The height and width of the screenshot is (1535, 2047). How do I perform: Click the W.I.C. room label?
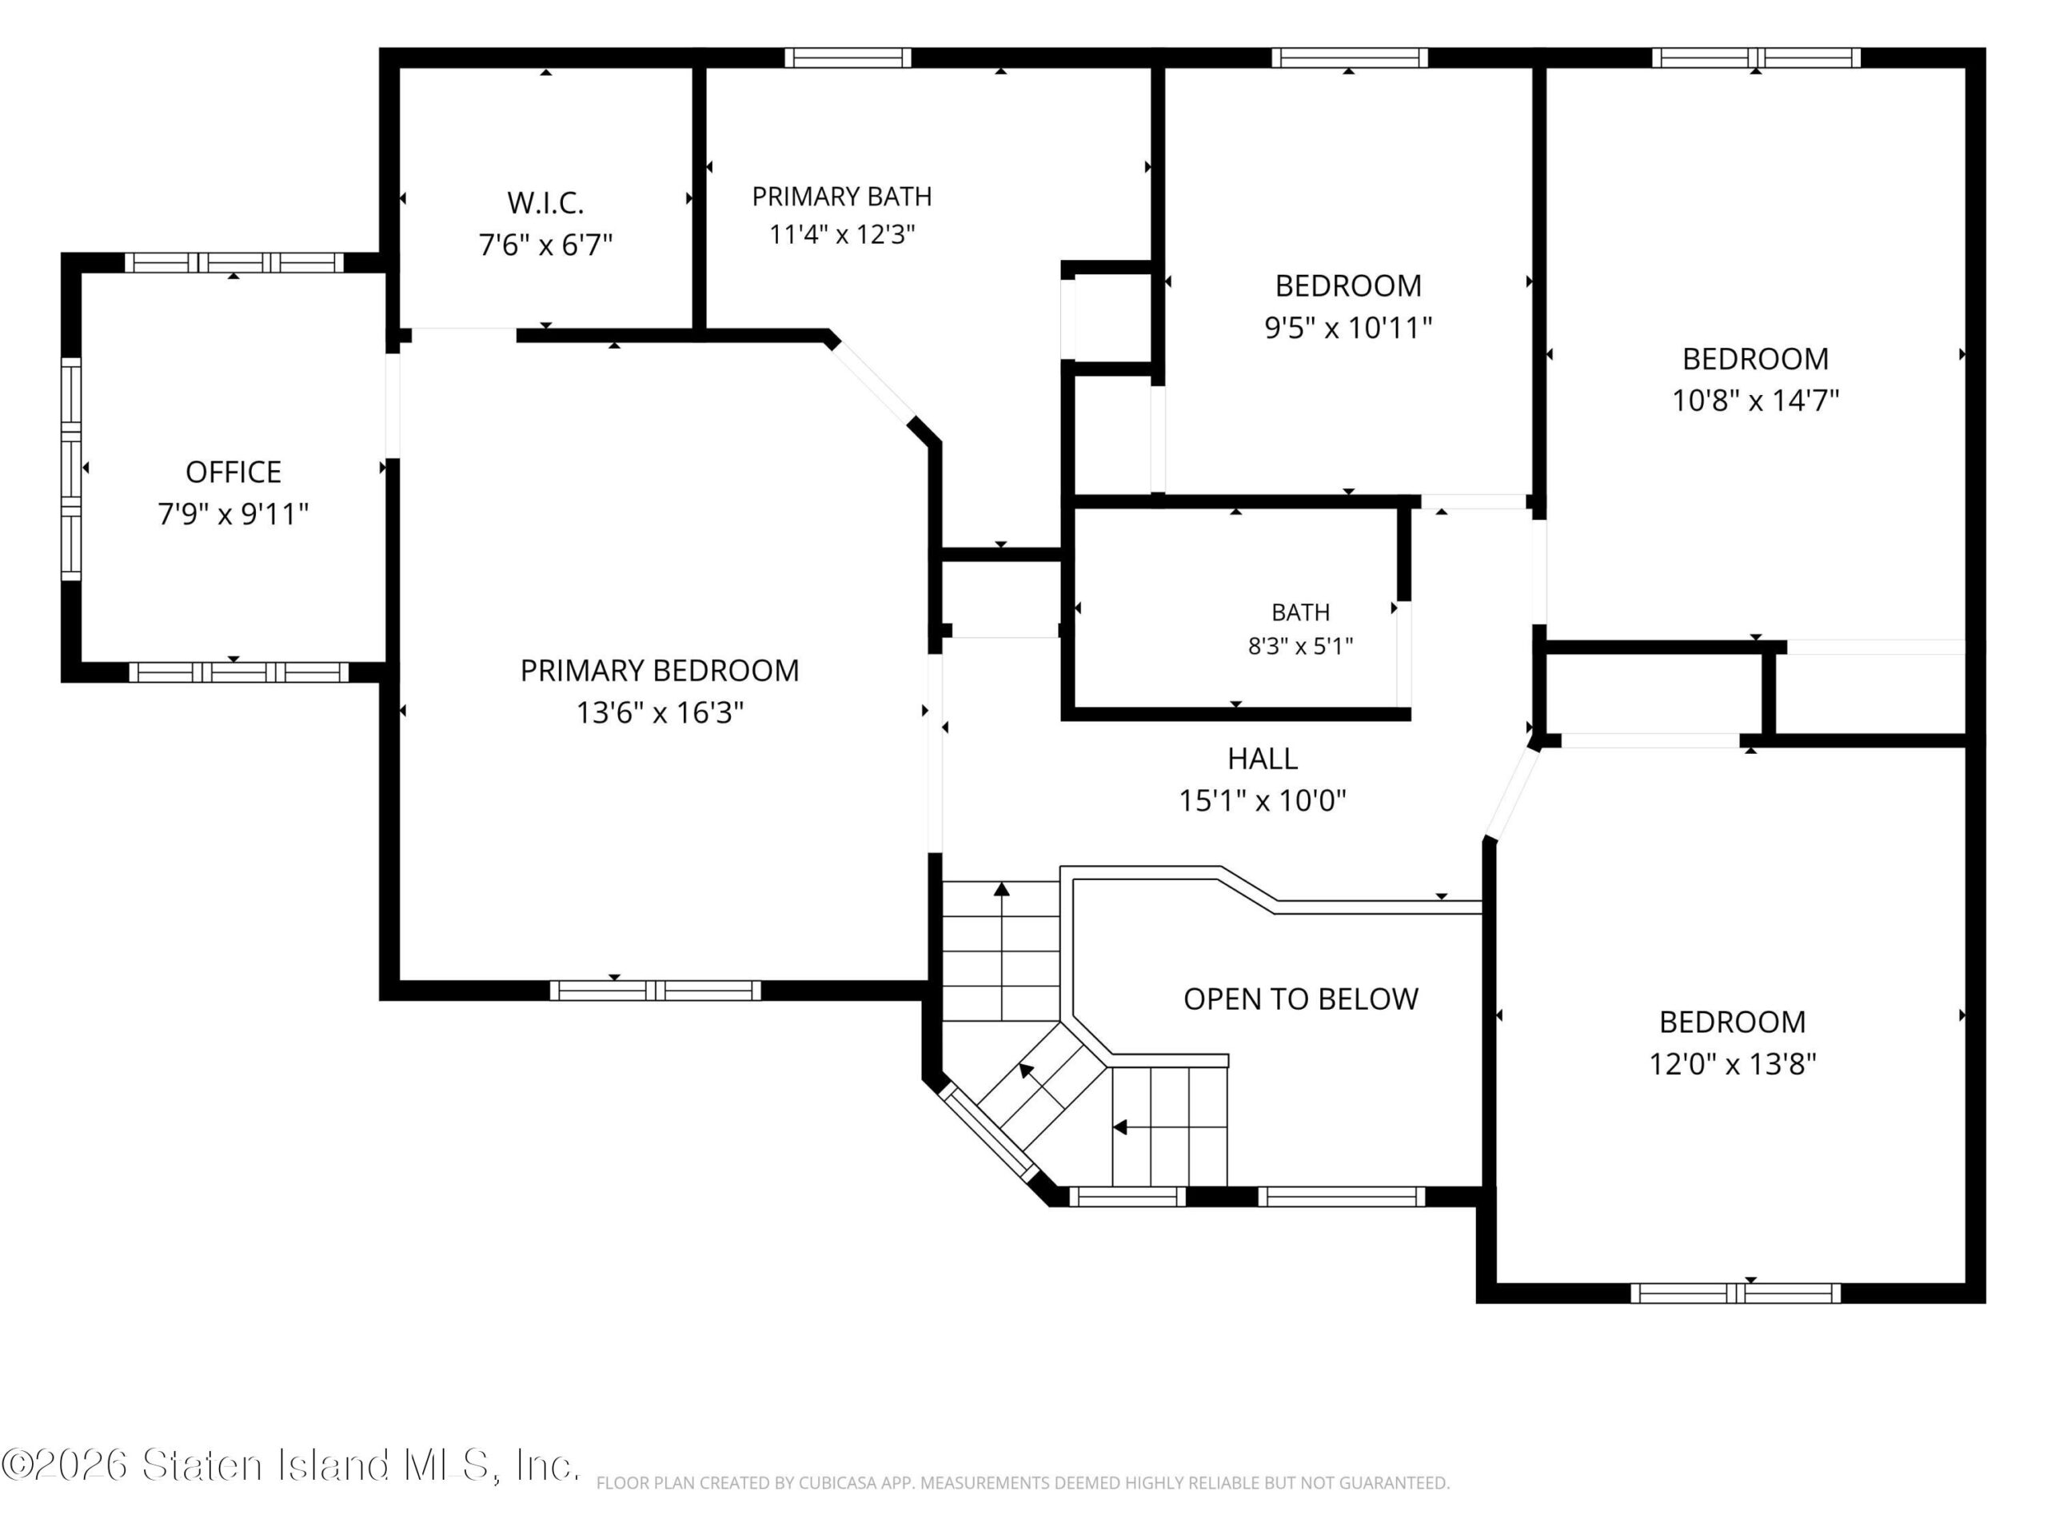coord(545,202)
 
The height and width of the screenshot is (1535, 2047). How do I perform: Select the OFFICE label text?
coord(233,472)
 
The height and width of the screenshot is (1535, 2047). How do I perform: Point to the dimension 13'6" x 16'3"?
coord(660,712)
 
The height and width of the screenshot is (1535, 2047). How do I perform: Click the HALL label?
coord(1263,759)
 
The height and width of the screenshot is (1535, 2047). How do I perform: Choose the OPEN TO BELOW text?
coord(1300,999)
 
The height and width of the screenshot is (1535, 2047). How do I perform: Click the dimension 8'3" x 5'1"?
coord(1300,646)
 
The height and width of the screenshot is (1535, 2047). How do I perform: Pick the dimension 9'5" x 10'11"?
coord(1348,328)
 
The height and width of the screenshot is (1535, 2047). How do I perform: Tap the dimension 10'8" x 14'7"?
coord(1755,400)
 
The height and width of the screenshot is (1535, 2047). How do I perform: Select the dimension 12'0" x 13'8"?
coord(1733,1063)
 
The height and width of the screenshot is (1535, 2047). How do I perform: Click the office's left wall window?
coord(71,468)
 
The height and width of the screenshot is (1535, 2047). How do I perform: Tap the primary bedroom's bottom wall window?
coord(655,990)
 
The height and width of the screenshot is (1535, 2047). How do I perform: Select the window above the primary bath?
coord(848,58)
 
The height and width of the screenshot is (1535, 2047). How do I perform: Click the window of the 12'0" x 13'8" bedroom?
coord(1735,1293)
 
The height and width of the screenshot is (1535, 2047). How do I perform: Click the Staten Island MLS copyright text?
coord(290,1465)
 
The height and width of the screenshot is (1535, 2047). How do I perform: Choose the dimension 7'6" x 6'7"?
coord(545,245)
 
